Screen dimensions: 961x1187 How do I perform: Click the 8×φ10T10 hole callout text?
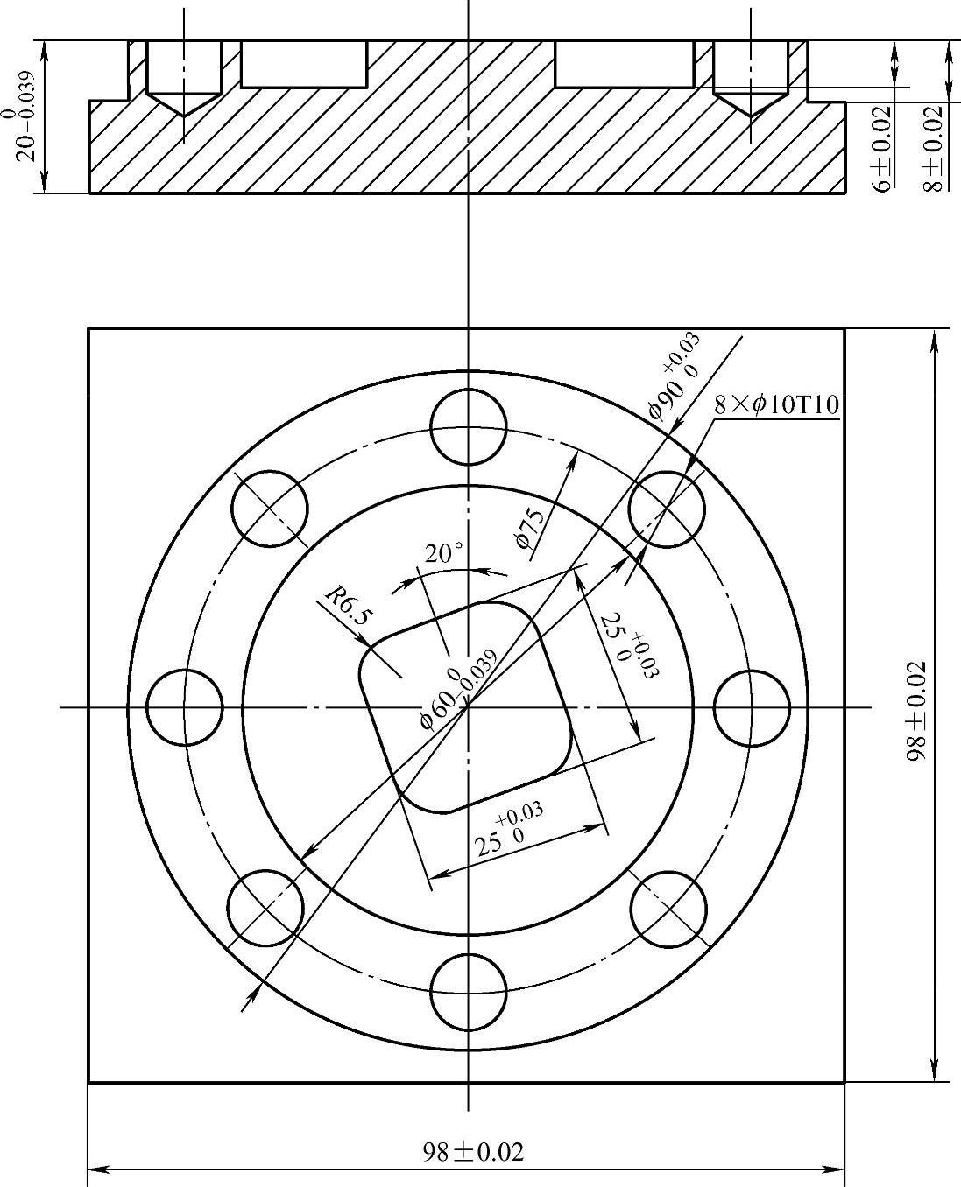[x=777, y=405]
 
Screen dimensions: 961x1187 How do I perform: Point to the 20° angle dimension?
[x=443, y=554]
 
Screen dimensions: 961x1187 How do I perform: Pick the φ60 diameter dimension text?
[x=458, y=689]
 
